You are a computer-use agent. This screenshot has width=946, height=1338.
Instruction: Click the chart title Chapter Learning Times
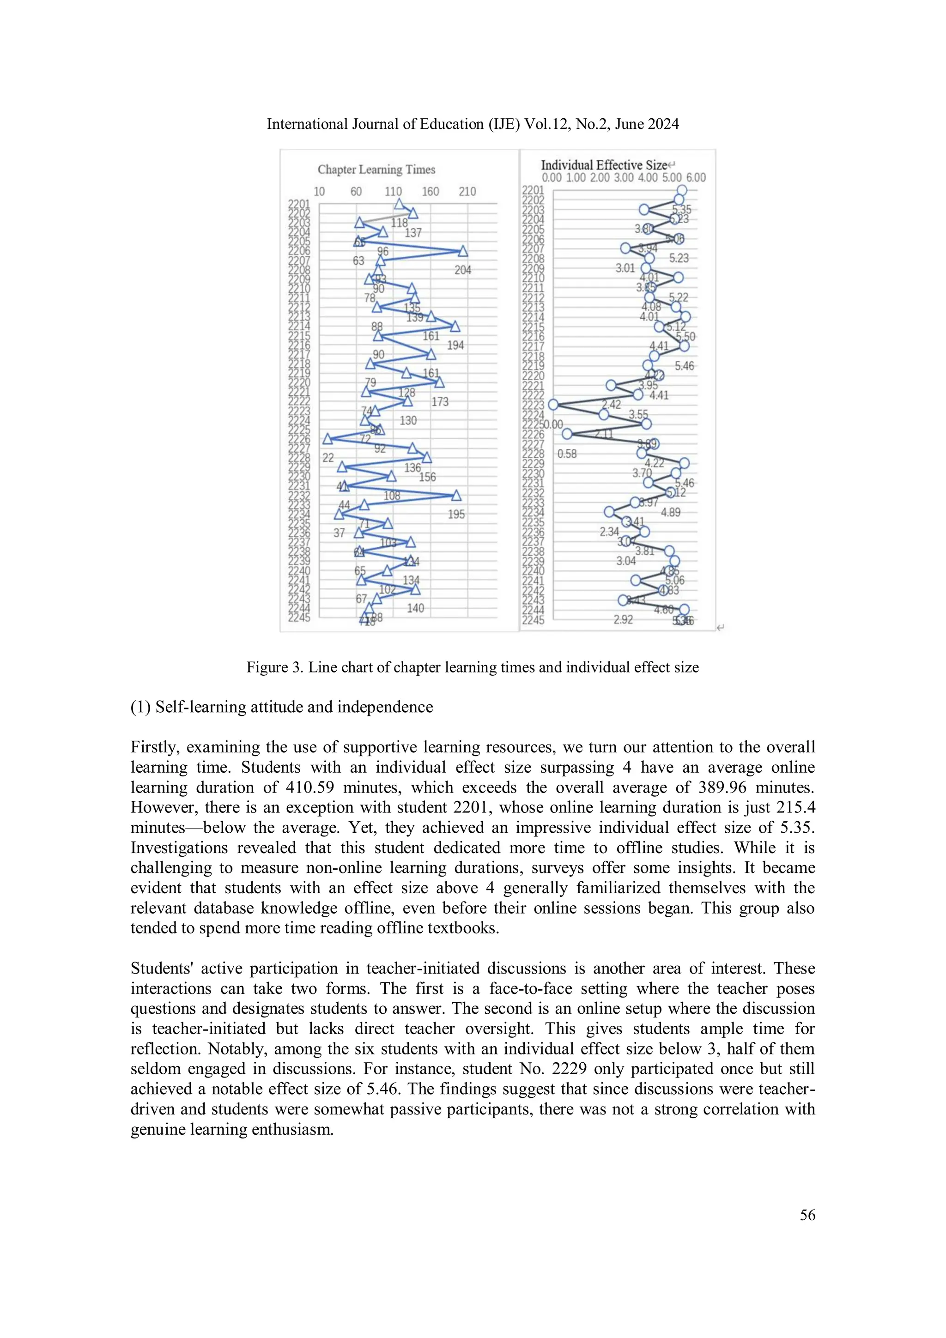point(376,170)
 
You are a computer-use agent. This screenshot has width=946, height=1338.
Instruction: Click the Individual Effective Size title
point(603,165)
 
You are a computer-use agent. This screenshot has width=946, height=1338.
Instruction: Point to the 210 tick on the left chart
point(467,191)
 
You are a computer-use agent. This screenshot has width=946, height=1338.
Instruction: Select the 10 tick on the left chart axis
point(319,191)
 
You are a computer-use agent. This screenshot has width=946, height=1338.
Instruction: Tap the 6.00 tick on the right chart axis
point(695,177)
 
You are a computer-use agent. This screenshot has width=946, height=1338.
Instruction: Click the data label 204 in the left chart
point(463,270)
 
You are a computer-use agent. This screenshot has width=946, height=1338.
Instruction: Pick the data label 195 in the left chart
point(456,514)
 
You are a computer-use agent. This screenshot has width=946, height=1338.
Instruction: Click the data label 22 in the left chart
point(328,458)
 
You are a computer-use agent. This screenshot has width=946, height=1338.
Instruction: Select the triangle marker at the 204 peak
point(463,251)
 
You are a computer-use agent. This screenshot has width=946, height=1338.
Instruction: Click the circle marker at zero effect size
point(553,405)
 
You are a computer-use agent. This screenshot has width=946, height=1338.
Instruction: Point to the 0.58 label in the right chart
point(567,454)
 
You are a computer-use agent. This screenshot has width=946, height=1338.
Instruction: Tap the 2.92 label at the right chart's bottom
point(623,619)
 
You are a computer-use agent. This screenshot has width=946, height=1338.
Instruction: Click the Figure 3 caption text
point(472,667)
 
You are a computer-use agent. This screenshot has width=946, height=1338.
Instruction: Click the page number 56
point(807,1215)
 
